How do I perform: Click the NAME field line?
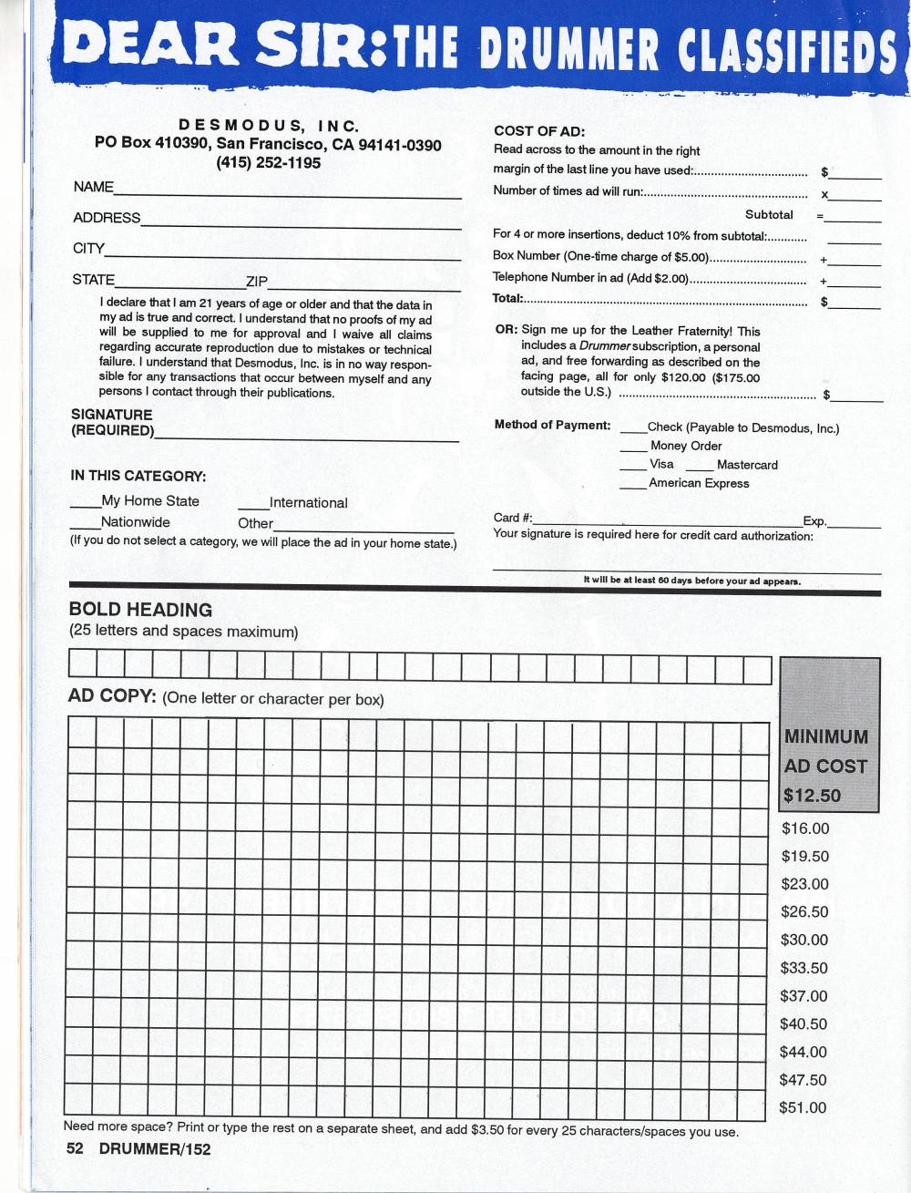[x=287, y=192]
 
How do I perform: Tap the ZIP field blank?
[x=364, y=285]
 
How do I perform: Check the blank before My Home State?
[x=86, y=504]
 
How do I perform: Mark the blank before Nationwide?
[x=86, y=526]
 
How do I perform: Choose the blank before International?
[x=253, y=506]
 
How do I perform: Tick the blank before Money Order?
[x=634, y=448]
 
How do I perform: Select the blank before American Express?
[x=634, y=486]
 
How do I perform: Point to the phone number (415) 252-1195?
[x=268, y=163]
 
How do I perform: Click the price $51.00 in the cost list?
[x=804, y=1108]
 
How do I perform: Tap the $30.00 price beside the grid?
[x=804, y=940]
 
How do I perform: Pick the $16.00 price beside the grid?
[x=804, y=828]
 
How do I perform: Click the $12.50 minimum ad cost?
[x=812, y=796]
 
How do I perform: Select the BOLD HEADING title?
[x=140, y=610]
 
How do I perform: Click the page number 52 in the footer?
[x=75, y=1148]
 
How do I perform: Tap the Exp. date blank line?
[x=854, y=524]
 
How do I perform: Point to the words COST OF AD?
[x=539, y=131]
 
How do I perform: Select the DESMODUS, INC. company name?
[x=268, y=126]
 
